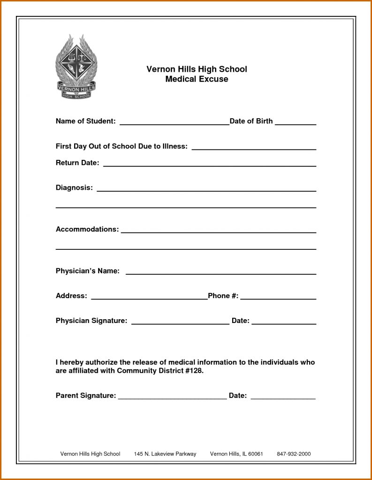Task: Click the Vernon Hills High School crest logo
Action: click(76, 67)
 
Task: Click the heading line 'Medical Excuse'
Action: click(197, 79)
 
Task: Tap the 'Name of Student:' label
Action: click(85, 121)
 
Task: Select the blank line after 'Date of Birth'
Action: click(295, 124)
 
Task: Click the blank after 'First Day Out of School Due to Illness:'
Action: click(254, 148)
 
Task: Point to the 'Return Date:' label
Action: click(77, 163)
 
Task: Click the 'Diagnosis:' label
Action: click(74, 187)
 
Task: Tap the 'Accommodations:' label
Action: click(87, 229)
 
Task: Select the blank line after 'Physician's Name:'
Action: click(220, 273)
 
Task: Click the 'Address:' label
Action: click(71, 296)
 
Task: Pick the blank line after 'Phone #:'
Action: click(278, 298)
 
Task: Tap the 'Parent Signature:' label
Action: click(86, 396)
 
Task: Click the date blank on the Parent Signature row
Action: click(283, 397)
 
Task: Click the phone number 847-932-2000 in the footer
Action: click(294, 454)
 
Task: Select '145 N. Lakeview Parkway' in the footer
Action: click(165, 454)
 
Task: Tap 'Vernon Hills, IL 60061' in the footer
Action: click(236, 454)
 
